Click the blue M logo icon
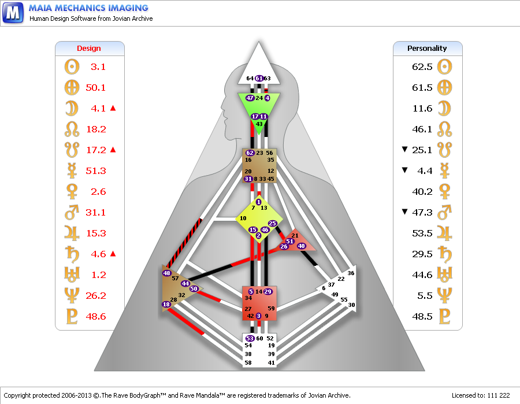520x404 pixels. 13,13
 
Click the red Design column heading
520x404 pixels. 89,49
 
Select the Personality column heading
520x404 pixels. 427,49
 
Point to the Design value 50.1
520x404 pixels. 95,88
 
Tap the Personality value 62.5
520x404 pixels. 422,66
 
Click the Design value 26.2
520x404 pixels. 95,295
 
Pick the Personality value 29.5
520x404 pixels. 422,254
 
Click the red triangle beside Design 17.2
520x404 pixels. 113,150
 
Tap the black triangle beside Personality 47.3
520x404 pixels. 404,212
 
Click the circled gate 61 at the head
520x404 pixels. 259,78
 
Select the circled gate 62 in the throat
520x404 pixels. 250,153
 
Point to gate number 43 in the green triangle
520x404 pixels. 259,124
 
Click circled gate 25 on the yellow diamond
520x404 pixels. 273,224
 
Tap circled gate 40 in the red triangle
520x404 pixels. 301,246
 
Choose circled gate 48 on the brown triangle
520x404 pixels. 166,273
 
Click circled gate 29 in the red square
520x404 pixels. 268,291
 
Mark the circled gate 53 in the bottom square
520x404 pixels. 250,338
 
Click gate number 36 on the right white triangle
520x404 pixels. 351,273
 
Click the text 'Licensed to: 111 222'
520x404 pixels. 481,395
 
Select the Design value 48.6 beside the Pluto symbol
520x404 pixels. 95,316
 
